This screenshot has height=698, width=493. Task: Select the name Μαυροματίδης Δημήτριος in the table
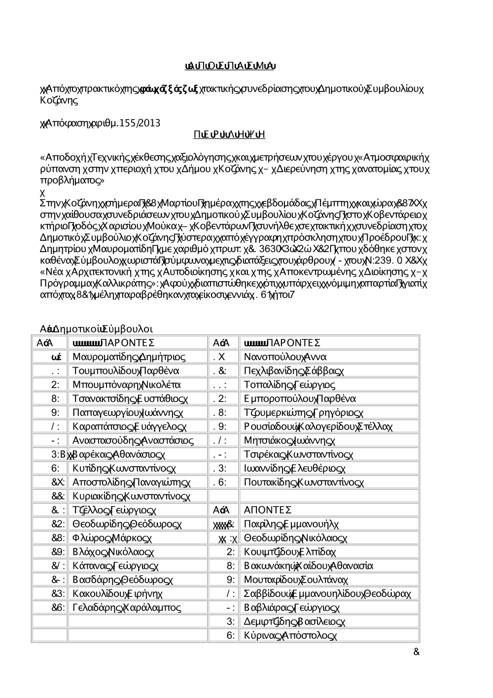129,357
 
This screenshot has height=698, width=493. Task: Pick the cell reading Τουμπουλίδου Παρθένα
126,370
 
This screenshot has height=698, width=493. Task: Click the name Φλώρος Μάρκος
113,538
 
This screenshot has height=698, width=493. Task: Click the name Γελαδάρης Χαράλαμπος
126,607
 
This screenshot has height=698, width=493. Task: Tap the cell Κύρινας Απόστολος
290,635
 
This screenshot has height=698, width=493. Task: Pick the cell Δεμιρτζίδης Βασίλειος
294,622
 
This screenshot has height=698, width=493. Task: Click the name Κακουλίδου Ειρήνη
117,593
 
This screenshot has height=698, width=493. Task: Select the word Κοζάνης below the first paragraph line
59,101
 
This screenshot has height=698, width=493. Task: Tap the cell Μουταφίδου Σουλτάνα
296,580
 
